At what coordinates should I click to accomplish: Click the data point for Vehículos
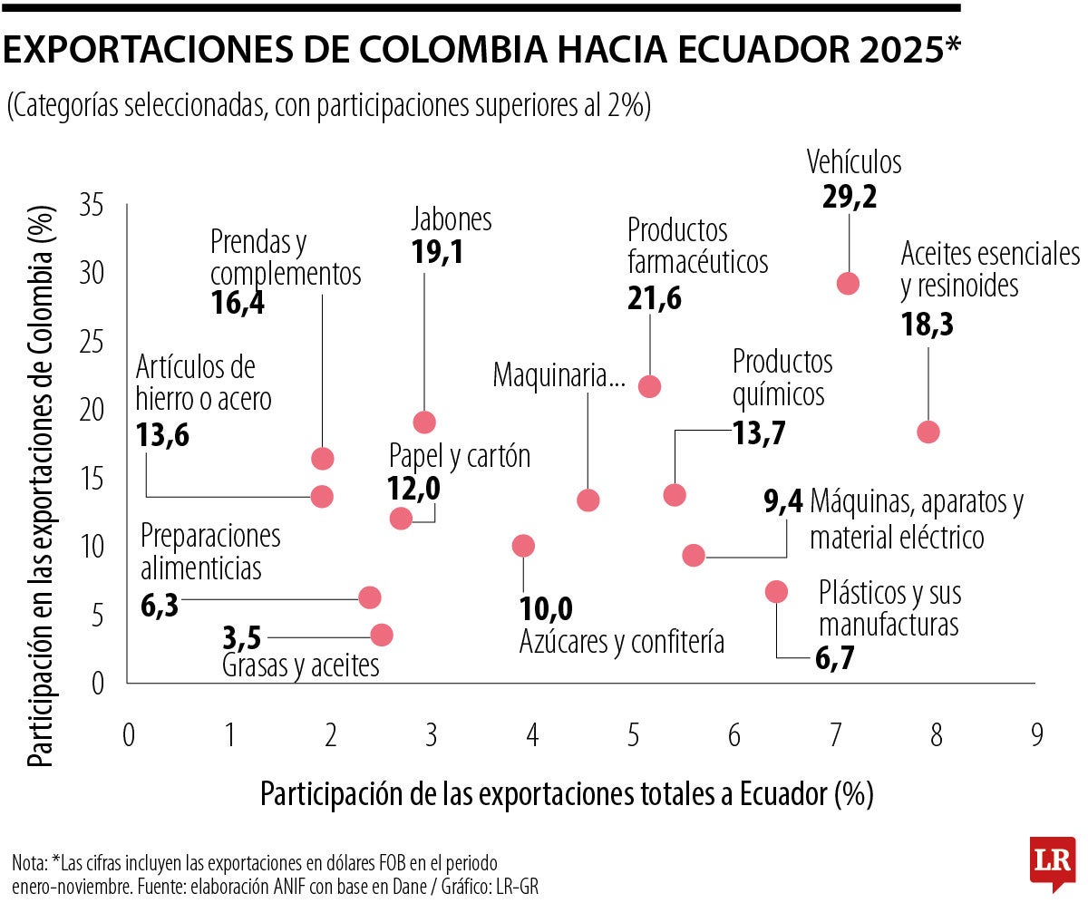[x=848, y=283]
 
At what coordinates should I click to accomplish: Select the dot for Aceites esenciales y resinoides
[x=928, y=432]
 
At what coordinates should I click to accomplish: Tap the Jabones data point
[x=424, y=422]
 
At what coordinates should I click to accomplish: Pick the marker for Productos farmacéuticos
[x=649, y=386]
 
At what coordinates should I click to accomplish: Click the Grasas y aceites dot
[x=382, y=635]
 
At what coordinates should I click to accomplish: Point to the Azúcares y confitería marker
[x=523, y=545]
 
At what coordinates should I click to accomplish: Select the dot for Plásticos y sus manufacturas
[x=776, y=591]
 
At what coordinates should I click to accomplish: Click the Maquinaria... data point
[x=588, y=500]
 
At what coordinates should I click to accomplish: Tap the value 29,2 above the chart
[x=850, y=198]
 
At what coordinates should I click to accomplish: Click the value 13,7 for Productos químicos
[x=758, y=433]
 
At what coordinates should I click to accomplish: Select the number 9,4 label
[x=782, y=501]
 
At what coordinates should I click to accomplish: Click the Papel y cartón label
[x=459, y=455]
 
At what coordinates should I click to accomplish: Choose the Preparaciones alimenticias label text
[x=210, y=552]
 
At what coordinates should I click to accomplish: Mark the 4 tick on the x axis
[x=531, y=733]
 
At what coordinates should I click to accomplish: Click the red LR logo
[x=1052, y=862]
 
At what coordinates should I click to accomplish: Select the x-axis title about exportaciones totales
[x=567, y=794]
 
